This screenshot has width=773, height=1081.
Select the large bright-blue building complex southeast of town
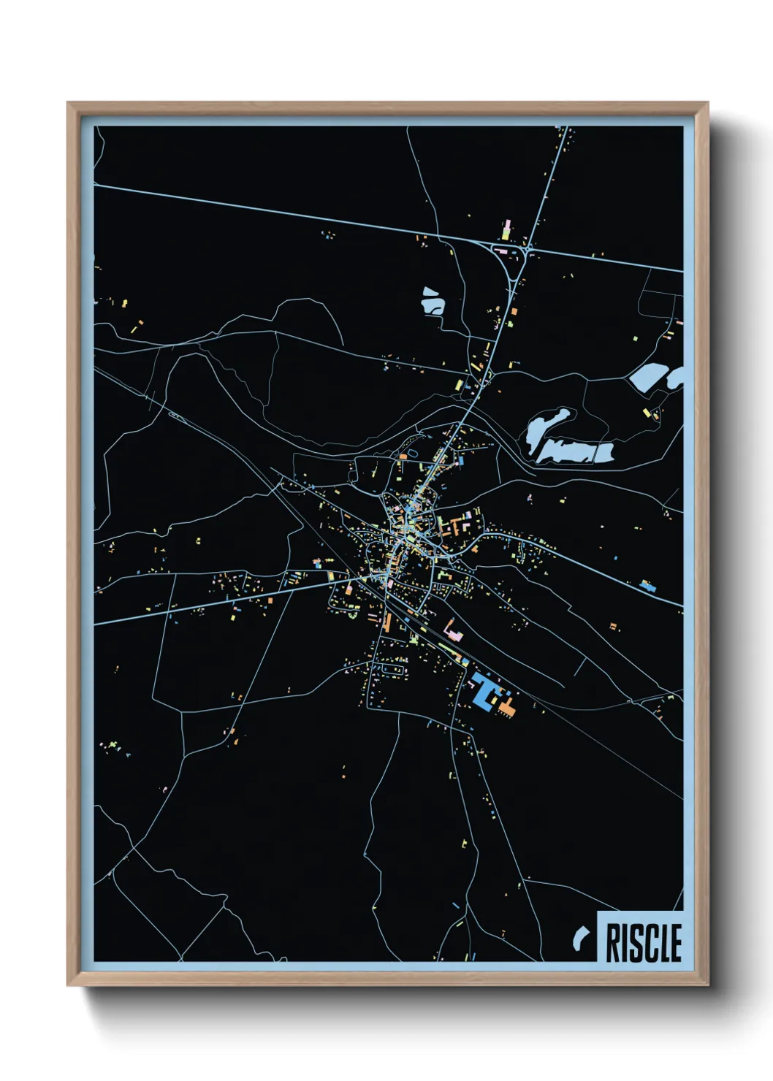click(x=483, y=690)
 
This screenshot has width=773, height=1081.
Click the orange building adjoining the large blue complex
click(x=507, y=707)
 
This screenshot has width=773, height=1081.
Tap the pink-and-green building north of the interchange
click(x=506, y=230)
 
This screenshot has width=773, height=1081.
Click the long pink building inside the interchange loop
click(x=502, y=251)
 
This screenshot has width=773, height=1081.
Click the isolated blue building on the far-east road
click(x=646, y=584)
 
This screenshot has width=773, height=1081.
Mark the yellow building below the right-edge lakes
click(x=647, y=413)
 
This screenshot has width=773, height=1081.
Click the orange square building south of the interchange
click(x=514, y=312)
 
